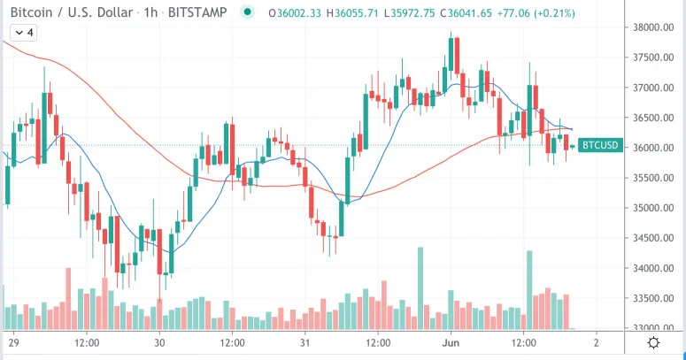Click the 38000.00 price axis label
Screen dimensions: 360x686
(651, 27)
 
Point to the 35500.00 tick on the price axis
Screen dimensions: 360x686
(651, 178)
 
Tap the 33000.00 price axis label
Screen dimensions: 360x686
(651, 328)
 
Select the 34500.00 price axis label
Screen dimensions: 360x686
(651, 238)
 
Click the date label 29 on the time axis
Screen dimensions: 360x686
(13, 342)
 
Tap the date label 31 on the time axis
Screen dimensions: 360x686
(304, 342)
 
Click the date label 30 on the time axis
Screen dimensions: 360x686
(159, 342)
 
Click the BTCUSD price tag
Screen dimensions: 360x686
(599, 146)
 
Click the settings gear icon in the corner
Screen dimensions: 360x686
(653, 342)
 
